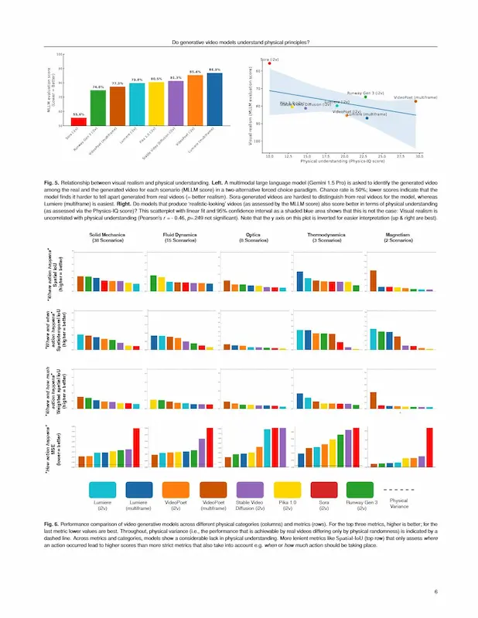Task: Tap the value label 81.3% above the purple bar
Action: point(176,78)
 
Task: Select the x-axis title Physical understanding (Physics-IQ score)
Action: point(343,161)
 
